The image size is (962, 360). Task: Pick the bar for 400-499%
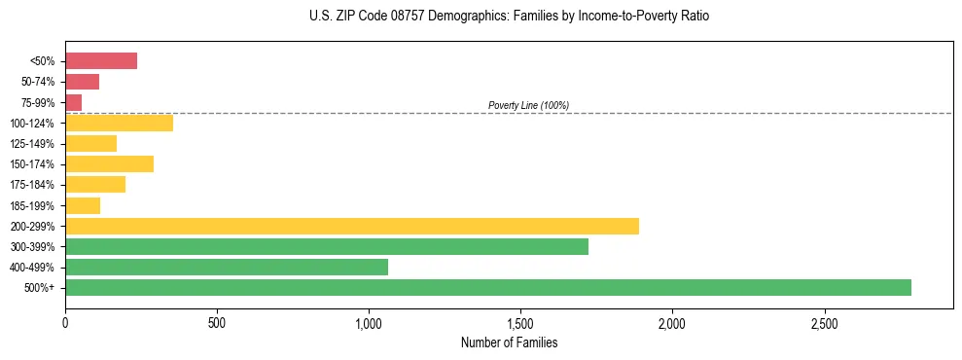pos(227,267)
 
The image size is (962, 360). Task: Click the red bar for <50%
pos(101,61)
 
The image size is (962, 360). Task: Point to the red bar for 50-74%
pos(83,82)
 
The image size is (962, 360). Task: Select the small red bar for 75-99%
pos(74,102)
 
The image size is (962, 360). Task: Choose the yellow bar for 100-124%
pos(119,123)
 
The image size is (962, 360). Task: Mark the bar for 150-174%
pos(109,163)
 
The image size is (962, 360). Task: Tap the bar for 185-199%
pos(83,205)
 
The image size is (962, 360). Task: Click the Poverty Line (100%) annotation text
pos(528,105)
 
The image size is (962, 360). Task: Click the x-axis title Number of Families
pos(509,343)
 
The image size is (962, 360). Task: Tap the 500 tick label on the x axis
pos(217,322)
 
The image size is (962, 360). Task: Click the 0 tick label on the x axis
pos(65,322)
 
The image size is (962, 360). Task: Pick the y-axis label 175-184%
pos(32,185)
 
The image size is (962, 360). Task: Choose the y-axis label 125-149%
pos(32,144)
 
